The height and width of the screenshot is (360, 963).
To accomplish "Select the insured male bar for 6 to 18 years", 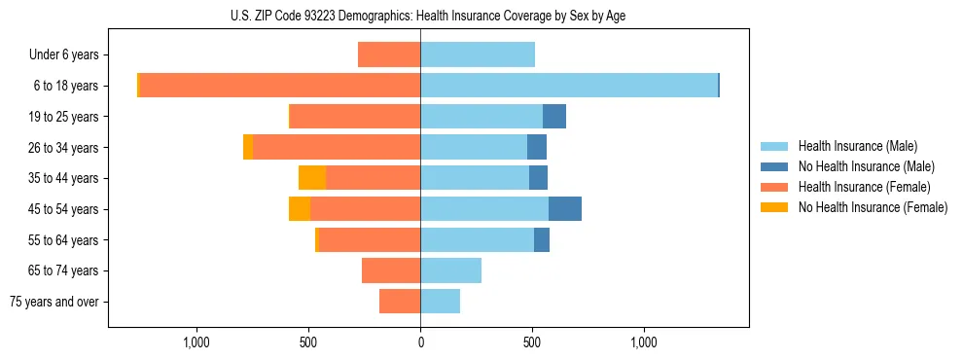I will coord(569,86).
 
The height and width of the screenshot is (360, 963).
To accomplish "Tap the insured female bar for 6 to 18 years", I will coord(280,86).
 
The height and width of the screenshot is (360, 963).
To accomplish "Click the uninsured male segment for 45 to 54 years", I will coord(565,208).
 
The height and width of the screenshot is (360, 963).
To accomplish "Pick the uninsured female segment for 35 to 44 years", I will coord(312,178).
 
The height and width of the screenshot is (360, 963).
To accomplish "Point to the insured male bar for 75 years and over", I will coord(440,302).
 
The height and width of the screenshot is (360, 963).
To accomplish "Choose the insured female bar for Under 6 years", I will coord(389,54).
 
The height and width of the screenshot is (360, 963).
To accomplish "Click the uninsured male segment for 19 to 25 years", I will coord(554,117).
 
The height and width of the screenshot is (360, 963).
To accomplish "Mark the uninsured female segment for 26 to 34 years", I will coord(248,147).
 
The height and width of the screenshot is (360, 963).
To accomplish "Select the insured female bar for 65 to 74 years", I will coord(391,270).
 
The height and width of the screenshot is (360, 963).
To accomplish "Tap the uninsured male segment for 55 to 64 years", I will coord(542,239).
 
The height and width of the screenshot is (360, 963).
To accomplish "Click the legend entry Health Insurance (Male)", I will coord(857,146).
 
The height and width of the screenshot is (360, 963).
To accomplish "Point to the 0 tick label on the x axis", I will coord(420,342).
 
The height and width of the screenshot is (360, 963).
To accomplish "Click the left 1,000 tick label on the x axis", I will coord(196,342).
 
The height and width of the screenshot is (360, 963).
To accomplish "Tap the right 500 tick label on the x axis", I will coord(532,342).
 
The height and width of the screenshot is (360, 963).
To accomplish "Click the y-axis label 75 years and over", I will coord(54,302).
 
